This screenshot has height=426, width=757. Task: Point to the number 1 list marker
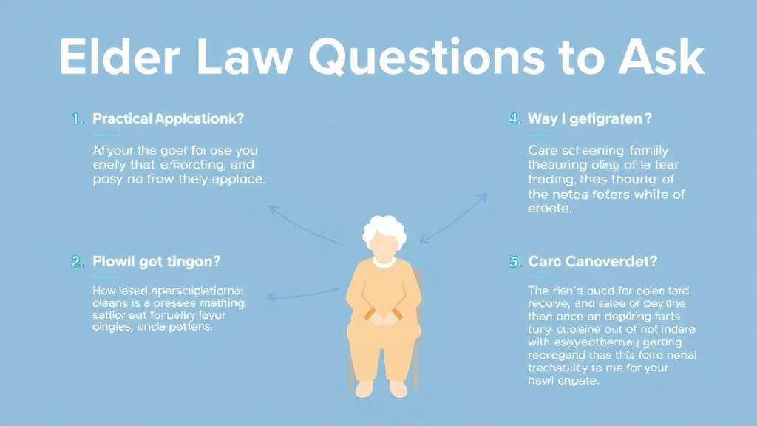pos(76,118)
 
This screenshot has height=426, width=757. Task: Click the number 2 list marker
pos(76,261)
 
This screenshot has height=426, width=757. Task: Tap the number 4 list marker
pos(515,118)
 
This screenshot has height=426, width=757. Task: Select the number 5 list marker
pos(515,261)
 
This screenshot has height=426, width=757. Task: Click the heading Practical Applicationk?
pos(169,118)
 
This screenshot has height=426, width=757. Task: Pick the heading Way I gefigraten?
pos(590,118)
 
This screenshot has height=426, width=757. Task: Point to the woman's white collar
pos(383,261)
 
